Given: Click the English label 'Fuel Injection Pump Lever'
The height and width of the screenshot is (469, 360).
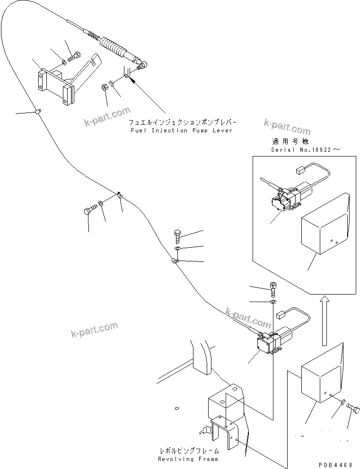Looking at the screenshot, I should [181, 130].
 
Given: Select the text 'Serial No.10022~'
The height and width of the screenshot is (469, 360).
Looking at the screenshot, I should [305, 149].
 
